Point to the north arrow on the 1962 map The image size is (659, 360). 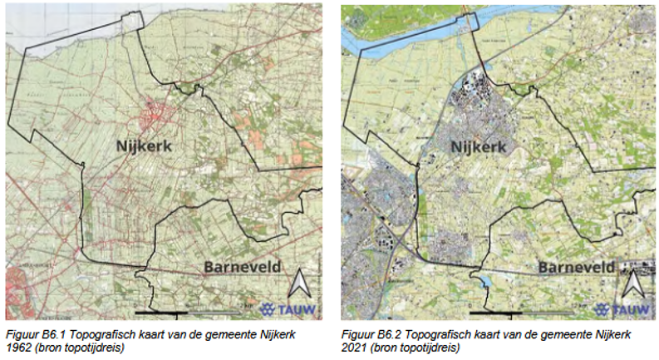[x=298, y=285]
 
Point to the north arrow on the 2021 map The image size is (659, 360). [x=632, y=285]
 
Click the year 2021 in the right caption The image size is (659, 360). [x=354, y=347]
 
